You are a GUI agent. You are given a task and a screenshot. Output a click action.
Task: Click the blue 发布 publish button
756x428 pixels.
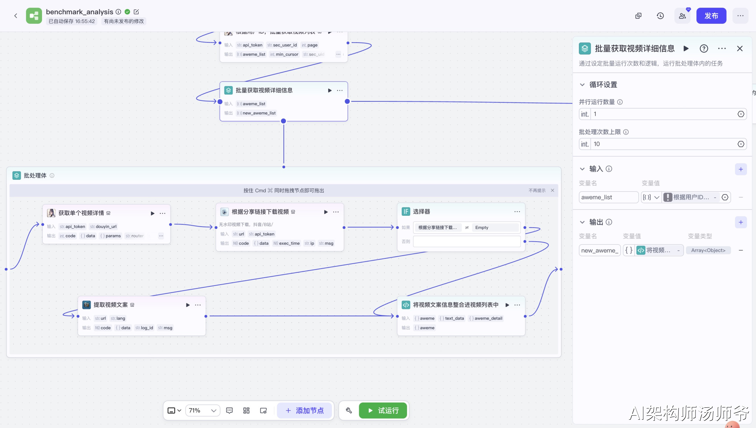coord(711,16)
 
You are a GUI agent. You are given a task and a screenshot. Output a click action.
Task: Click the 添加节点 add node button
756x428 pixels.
coord(304,411)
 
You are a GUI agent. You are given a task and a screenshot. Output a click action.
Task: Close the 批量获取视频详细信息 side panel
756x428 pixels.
coord(740,49)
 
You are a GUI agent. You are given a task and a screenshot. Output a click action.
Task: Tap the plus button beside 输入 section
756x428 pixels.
coord(741,169)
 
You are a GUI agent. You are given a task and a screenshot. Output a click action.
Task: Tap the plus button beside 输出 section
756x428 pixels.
coord(741,222)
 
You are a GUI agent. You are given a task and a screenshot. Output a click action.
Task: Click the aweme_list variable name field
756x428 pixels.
coord(608,197)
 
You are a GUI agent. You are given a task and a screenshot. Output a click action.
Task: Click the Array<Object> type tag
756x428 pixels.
coord(708,250)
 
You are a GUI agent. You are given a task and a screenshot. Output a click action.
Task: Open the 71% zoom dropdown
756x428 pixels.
coord(203,411)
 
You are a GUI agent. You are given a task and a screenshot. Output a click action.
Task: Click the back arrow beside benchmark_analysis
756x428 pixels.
coord(16,16)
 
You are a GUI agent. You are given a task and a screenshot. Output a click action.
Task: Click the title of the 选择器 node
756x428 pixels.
coord(421,212)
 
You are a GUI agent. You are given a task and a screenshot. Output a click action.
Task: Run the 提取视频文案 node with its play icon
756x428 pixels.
coord(188,305)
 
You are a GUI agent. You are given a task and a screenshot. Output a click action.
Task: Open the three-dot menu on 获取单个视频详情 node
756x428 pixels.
coord(162,213)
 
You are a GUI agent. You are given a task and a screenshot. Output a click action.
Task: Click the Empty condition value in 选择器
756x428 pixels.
coord(482,228)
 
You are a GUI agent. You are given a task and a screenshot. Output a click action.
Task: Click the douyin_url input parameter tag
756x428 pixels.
coord(104,227)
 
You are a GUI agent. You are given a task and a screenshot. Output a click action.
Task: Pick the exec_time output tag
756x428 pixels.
coord(287,243)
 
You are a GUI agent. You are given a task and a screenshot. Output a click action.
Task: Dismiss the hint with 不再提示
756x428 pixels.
coord(537,191)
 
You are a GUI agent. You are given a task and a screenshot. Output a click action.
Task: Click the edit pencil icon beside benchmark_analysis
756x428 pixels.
coord(136,12)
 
